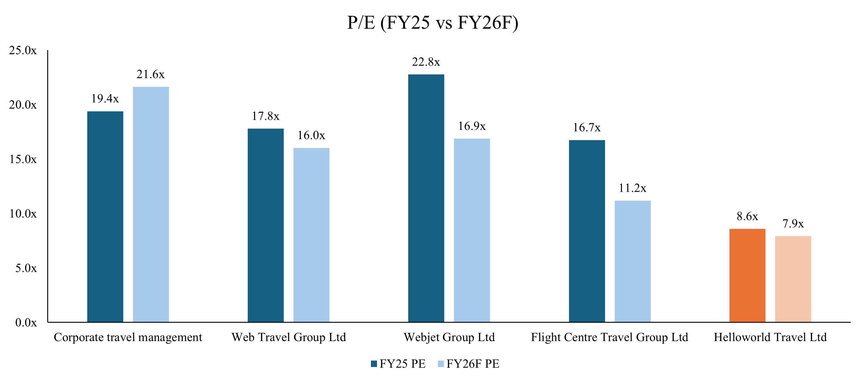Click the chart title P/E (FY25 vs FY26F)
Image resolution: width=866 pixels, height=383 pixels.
click(433, 23)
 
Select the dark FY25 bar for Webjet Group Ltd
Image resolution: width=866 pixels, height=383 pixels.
click(426, 198)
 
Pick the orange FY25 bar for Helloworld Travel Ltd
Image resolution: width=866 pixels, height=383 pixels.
click(747, 276)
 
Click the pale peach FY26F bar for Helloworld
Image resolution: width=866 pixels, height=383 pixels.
click(793, 279)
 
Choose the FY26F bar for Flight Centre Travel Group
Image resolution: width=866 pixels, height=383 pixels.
click(632, 261)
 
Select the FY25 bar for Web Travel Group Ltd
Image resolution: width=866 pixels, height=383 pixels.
click(266, 225)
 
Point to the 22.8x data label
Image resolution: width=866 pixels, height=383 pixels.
click(426, 62)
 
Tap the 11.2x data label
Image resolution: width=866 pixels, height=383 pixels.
click(632, 188)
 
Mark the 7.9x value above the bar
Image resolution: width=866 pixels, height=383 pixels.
click(793, 224)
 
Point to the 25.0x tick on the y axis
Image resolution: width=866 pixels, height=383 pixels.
click(23, 51)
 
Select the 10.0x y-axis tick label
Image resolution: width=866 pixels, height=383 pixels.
click(23, 214)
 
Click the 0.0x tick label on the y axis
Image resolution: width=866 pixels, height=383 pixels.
click(26, 323)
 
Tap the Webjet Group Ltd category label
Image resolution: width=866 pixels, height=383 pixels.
click(449, 337)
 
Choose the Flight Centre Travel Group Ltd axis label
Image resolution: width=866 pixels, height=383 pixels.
click(610, 337)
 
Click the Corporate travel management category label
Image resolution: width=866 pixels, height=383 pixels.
click(128, 337)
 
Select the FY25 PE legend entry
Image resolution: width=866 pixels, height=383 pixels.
click(398, 364)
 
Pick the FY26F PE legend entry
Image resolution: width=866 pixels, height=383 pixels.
click(469, 364)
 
